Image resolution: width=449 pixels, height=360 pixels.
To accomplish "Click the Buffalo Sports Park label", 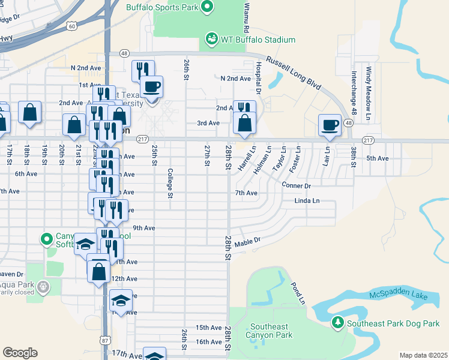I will point(162,7).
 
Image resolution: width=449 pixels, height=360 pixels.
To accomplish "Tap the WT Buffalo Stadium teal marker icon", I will point(211,40).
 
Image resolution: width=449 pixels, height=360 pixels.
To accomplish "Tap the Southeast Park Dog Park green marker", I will point(338,323).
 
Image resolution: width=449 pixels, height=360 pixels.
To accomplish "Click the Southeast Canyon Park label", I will point(270,331).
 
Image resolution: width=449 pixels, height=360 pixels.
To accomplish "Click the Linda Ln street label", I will point(307,200).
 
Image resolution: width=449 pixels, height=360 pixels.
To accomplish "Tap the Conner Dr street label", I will point(295,186).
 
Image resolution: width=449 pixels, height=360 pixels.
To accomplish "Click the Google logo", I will point(20,353).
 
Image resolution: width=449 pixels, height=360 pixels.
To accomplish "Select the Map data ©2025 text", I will point(423,355).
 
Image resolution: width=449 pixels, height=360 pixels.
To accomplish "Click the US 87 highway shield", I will point(106,341).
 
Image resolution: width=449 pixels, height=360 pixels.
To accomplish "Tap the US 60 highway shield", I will point(72,26).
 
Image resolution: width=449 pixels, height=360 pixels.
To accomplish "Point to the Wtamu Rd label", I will point(246,16).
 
